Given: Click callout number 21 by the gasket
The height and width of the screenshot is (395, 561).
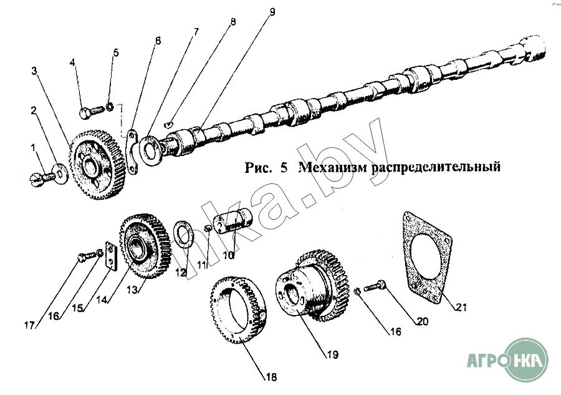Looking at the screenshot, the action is point(461,307).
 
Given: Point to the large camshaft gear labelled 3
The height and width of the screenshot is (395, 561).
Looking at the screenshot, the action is point(97,164).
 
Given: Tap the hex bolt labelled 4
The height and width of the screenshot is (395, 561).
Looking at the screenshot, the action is point(91,112).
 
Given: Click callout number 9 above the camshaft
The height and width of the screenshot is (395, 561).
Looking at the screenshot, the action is point(272,12).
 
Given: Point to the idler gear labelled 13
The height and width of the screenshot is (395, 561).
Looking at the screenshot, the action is point(145,246).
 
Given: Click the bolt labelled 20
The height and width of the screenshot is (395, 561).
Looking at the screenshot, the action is point(375,287).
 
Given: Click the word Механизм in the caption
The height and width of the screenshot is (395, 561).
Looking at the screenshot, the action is point(332,167).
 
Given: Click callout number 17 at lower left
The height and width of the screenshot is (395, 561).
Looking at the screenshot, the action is point(30,325).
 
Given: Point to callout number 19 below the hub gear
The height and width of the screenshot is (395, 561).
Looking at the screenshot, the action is point(332,354).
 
